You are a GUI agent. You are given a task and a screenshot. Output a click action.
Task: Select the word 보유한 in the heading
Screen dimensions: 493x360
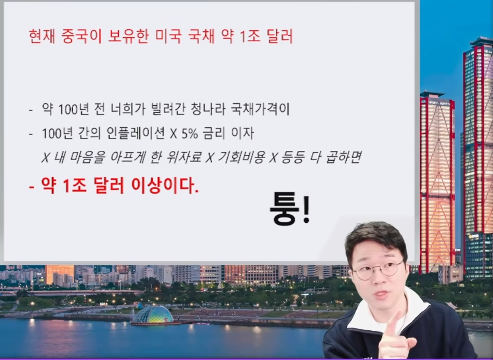pyautogui.click(x=129, y=36)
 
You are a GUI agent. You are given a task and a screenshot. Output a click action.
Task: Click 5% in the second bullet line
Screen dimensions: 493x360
pyautogui.click(x=190, y=134)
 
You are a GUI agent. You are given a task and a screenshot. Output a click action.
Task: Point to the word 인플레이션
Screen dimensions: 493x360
pyautogui.click(x=136, y=134)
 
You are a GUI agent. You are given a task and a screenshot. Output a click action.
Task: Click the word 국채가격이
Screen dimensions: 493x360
pyautogui.click(x=260, y=109)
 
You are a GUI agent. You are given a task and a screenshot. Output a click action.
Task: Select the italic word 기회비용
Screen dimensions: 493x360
pyautogui.click(x=241, y=157)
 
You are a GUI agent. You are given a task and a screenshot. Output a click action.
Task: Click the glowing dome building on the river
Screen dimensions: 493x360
pyautogui.click(x=154, y=314)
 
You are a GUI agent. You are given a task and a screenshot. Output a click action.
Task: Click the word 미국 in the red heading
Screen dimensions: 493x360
pyautogui.click(x=168, y=36)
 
